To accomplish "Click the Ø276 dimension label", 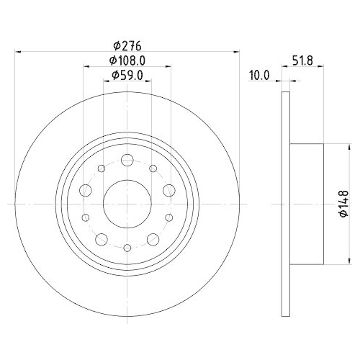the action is pos(127,46).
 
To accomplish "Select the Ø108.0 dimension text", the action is pos(127,60).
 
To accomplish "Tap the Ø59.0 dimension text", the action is pos(127,76).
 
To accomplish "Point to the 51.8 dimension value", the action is pos(302,60).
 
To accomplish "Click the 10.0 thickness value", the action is pos(259,76).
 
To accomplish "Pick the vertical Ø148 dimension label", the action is pos(343,204).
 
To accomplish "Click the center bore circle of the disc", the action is pos(127,204).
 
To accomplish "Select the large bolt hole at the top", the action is pos(127,160).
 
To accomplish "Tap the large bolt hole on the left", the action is pos(86,190).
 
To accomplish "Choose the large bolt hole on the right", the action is pos(169,190).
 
